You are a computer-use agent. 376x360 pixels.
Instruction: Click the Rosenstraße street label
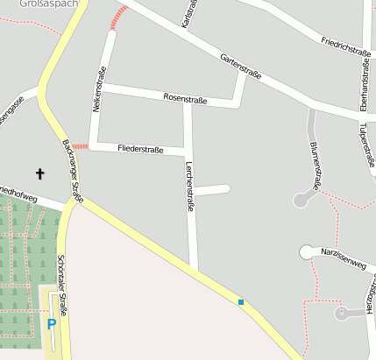click(185, 99)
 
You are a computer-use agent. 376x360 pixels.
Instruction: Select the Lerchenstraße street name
click(188, 187)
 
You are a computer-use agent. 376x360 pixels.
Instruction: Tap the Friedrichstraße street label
click(345, 46)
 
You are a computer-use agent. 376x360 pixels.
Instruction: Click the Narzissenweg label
click(343, 258)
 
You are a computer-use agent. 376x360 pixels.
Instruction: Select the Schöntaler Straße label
click(60, 277)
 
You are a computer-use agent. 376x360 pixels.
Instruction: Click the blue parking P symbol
click(51, 324)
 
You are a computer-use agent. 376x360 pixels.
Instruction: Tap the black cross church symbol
click(39, 174)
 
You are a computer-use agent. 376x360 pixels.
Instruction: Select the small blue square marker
click(241, 302)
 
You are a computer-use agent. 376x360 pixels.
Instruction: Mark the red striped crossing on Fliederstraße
click(79, 146)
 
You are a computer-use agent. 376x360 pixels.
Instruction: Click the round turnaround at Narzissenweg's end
click(307, 252)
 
